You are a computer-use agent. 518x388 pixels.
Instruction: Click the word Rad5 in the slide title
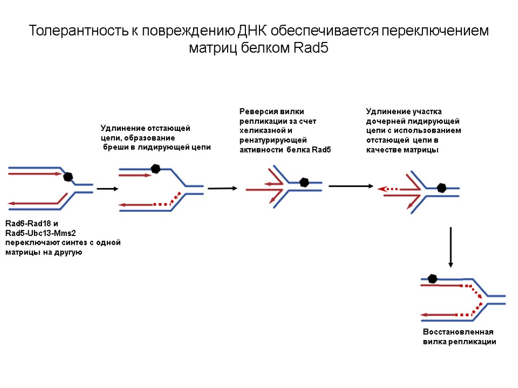click(x=311, y=49)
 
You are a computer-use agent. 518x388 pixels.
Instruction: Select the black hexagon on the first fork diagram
click(x=68, y=177)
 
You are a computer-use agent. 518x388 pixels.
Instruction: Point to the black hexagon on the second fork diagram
click(x=156, y=169)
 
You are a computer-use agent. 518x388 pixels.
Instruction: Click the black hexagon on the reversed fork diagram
click(x=304, y=182)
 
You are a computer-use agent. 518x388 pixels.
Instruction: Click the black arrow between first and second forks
click(x=107, y=189)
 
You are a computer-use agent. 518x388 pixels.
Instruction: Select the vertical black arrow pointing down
click(x=450, y=247)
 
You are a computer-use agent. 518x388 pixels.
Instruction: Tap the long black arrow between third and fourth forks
click(x=351, y=186)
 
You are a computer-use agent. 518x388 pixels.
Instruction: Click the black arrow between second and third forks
click(x=222, y=188)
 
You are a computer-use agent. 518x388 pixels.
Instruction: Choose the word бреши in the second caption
click(x=114, y=148)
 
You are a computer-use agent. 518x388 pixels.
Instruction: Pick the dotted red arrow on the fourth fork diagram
click(x=388, y=188)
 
